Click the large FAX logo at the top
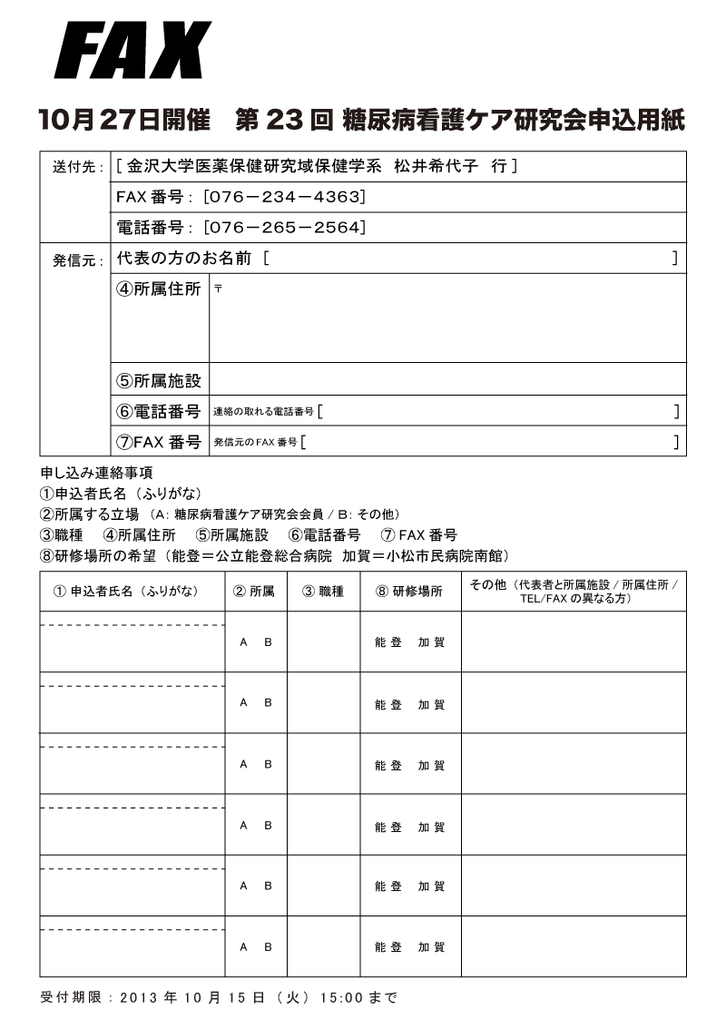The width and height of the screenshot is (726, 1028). pyautogui.click(x=132, y=51)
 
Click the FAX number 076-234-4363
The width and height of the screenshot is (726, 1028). pyautogui.click(x=285, y=197)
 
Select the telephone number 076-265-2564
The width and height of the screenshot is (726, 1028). pyautogui.click(x=285, y=227)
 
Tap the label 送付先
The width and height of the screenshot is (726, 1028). pyautogui.click(x=77, y=167)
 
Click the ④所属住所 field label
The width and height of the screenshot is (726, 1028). pyautogui.click(x=159, y=290)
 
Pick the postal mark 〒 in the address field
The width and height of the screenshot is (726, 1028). pyautogui.click(x=218, y=289)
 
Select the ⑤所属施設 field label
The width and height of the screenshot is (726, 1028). pyautogui.click(x=159, y=381)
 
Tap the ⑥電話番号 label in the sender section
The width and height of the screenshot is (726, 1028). pyautogui.click(x=159, y=411)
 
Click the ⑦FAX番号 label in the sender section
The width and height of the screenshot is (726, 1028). pyautogui.click(x=159, y=442)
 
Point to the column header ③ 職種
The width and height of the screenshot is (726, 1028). pyautogui.click(x=323, y=592)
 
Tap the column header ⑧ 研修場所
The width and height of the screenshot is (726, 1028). pyautogui.click(x=409, y=592)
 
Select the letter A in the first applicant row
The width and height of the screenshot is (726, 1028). pyautogui.click(x=243, y=642)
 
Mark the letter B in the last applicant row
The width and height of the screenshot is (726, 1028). pyautogui.click(x=268, y=946)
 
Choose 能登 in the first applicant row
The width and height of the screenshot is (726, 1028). pyautogui.click(x=388, y=642)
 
